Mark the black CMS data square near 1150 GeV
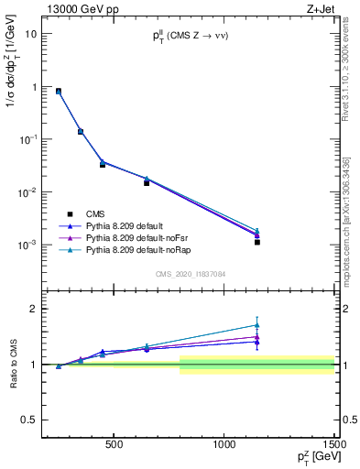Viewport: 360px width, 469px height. pyautogui.click(x=257, y=242)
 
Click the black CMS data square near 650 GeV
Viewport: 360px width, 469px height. pyautogui.click(x=147, y=183)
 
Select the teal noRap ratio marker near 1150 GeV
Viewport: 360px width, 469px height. pyautogui.click(x=257, y=325)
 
